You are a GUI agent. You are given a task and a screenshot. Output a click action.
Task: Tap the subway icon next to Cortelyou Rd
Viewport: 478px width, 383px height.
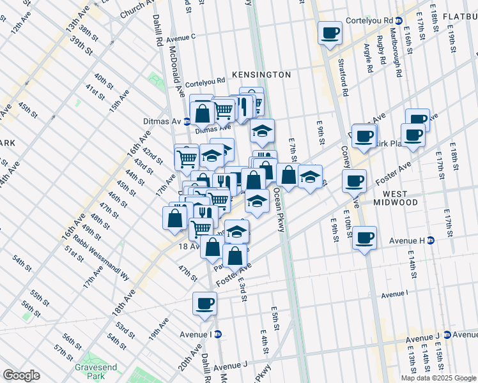[399, 20]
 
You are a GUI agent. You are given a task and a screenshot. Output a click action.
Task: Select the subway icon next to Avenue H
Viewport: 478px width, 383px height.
[431, 241]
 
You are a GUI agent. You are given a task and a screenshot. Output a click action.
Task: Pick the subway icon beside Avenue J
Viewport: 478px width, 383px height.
[447, 335]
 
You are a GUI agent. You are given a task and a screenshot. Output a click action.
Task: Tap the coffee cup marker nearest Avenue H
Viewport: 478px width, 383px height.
[364, 238]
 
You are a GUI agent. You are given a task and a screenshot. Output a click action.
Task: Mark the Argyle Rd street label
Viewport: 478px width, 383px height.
[369, 58]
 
